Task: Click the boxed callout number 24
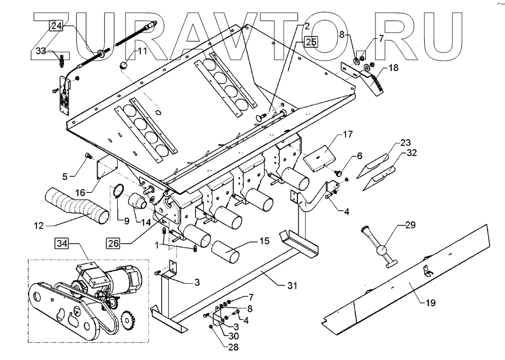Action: point(57,26)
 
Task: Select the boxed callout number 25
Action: point(310,41)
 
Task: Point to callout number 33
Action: point(42,51)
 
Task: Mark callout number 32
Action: point(411,152)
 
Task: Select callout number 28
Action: point(217,348)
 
